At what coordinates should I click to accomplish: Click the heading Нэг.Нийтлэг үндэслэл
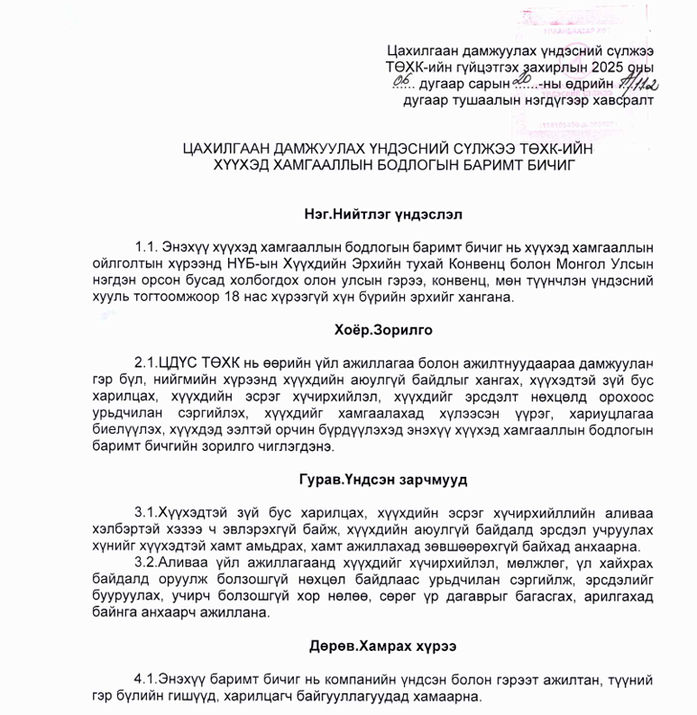[383, 215]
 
